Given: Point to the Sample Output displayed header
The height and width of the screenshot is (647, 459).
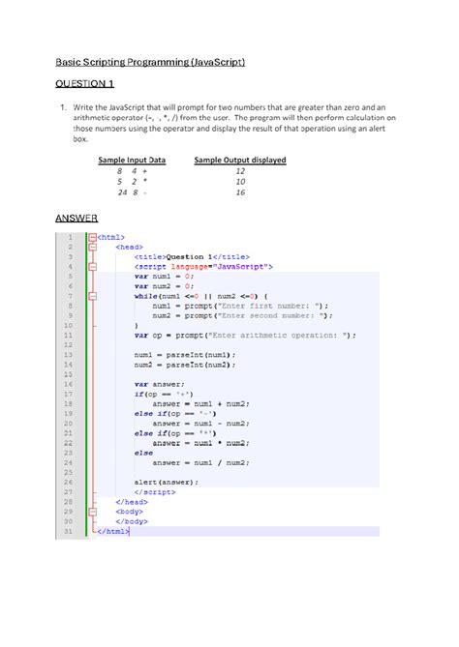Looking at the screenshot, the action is (x=240, y=160).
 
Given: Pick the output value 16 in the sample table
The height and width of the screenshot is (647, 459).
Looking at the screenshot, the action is (x=240, y=192).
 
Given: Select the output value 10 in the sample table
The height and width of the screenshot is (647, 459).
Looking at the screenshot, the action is (x=240, y=181).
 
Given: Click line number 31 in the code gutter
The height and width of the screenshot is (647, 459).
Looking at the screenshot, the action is (x=68, y=531).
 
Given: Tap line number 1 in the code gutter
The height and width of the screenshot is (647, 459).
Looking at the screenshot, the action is (x=70, y=235).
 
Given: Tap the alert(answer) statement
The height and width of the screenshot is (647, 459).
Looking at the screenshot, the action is (x=167, y=482).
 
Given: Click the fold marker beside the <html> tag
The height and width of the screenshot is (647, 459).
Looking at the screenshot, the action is (x=91, y=235).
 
